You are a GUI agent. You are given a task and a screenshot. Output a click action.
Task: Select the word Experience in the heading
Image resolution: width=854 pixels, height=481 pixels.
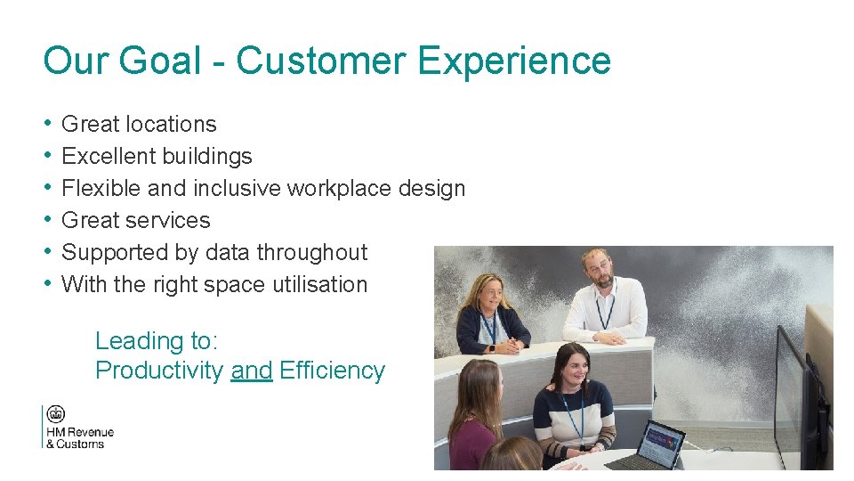pyautogui.click(x=513, y=61)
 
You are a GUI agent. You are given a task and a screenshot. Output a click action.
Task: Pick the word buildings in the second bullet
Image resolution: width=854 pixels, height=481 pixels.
pyautogui.click(x=208, y=157)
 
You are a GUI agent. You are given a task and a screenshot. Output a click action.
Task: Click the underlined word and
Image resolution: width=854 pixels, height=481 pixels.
pyautogui.click(x=251, y=371)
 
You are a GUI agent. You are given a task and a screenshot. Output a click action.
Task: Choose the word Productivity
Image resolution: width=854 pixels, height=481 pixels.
pyautogui.click(x=159, y=371)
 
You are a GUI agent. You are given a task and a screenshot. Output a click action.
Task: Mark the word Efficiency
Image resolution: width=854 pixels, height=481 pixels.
pyautogui.click(x=332, y=371)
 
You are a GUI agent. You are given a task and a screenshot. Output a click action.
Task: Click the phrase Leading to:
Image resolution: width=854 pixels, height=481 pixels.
pyautogui.click(x=157, y=341)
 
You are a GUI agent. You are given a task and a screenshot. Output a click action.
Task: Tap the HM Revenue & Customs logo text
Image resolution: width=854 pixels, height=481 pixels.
pyautogui.click(x=79, y=438)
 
